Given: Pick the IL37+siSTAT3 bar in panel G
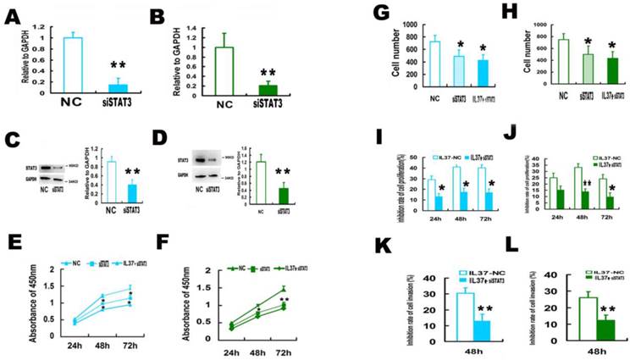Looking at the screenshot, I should coord(484,74).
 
